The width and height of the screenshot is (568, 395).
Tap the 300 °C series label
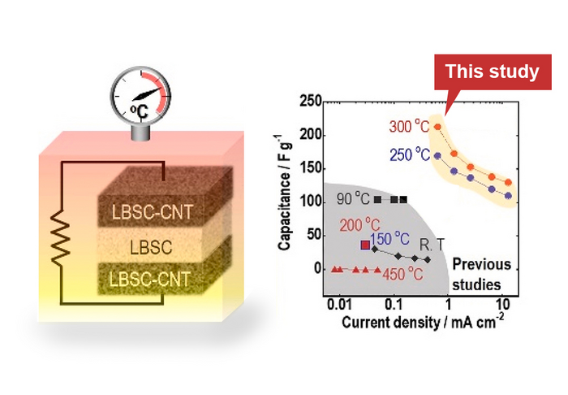pyautogui.click(x=408, y=128)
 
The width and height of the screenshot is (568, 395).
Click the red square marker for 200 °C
pyautogui.click(x=365, y=245)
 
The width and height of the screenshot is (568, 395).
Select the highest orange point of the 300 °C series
pyautogui.click(x=438, y=127)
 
